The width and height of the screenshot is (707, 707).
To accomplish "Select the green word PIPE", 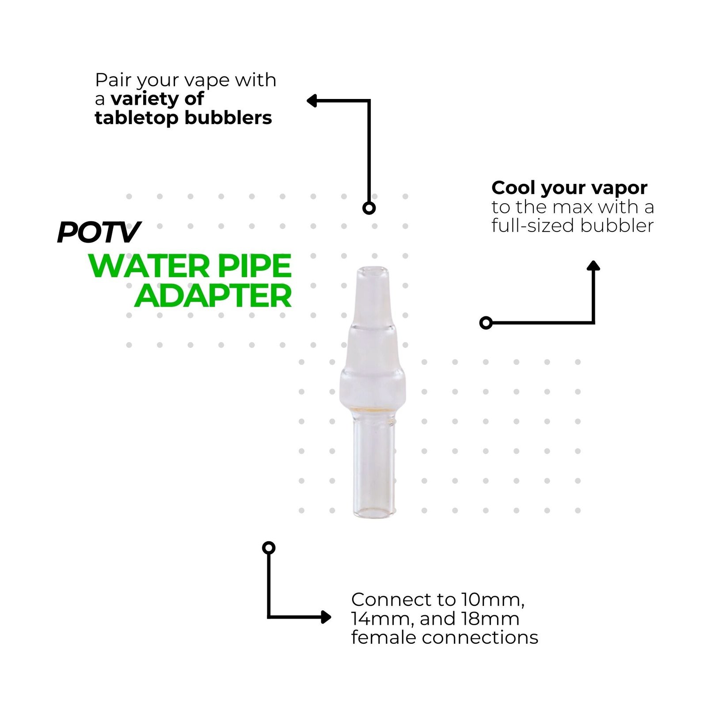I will coord(260,266).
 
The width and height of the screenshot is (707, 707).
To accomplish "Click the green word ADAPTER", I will coord(213,296).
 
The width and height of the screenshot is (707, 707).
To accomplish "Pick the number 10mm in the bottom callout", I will coord(493,600).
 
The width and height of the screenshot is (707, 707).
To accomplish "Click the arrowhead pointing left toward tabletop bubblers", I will coord(312,101).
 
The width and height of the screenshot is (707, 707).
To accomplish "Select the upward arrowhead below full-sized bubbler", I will coord(593,266).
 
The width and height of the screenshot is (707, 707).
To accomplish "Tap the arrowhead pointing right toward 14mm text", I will coord(326,617).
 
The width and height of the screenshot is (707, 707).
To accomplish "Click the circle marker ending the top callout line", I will coord(369,208).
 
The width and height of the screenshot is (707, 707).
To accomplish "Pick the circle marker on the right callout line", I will coord(486,323).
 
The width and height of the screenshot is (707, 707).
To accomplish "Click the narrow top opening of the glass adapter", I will coord(372,270).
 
